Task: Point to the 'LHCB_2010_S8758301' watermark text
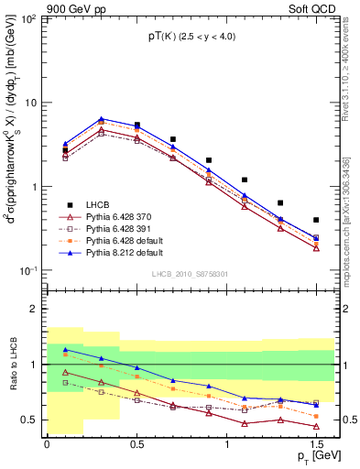(x=189, y=274)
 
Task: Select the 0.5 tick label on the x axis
(x=136, y=442)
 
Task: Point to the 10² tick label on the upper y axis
(x=29, y=19)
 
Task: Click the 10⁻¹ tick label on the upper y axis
(x=29, y=271)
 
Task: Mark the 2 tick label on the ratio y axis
(x=35, y=309)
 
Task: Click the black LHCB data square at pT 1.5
(x=316, y=220)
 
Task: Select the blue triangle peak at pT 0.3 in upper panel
(x=101, y=118)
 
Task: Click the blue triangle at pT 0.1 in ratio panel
(x=65, y=349)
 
